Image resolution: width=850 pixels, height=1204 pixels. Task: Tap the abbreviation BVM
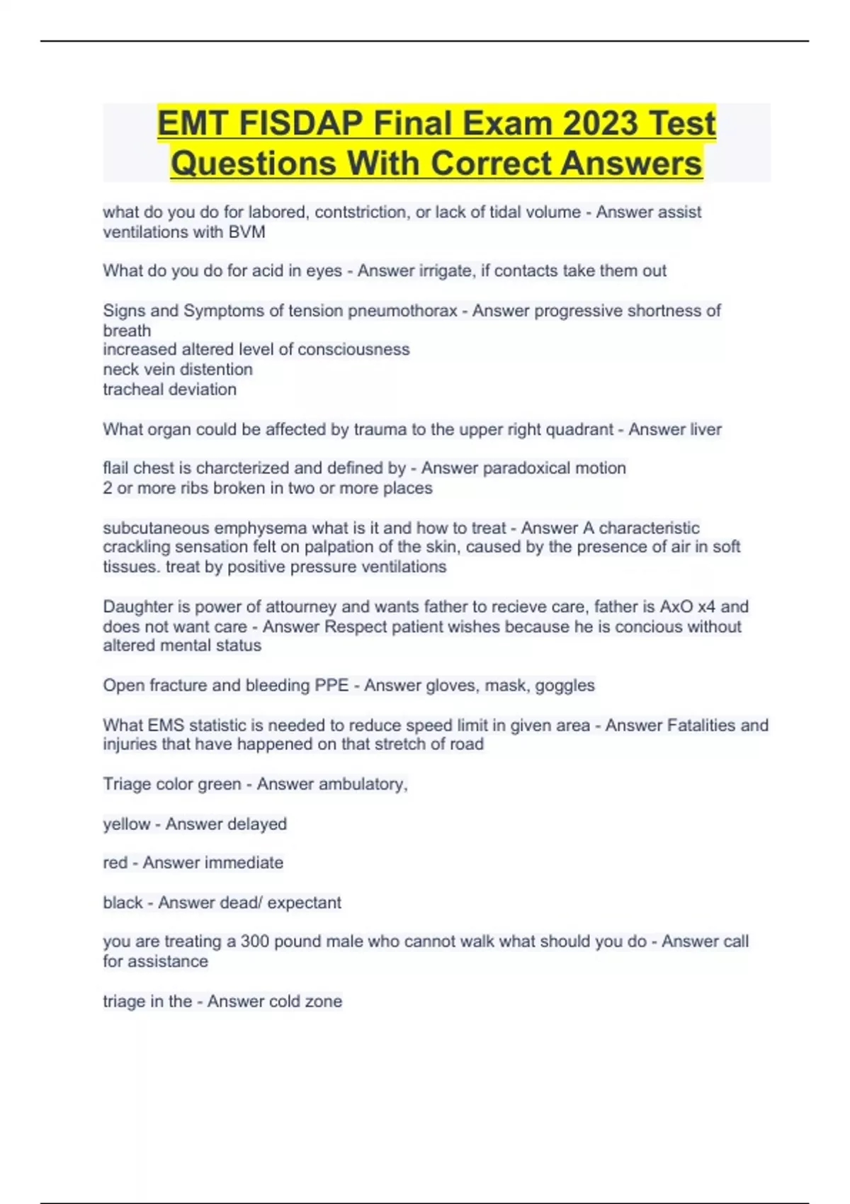coord(246,232)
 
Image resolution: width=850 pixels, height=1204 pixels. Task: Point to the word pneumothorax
coord(402,311)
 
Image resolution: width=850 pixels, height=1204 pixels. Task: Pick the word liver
coord(705,429)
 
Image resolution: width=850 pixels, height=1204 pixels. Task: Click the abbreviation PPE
coord(331,686)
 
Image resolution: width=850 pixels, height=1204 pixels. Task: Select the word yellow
coord(127,824)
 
